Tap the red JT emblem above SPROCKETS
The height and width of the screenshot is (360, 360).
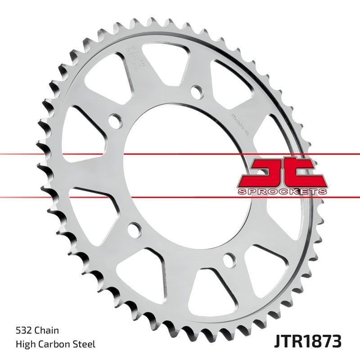pos(281,173)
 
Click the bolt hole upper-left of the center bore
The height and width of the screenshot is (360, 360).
pos(116,121)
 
